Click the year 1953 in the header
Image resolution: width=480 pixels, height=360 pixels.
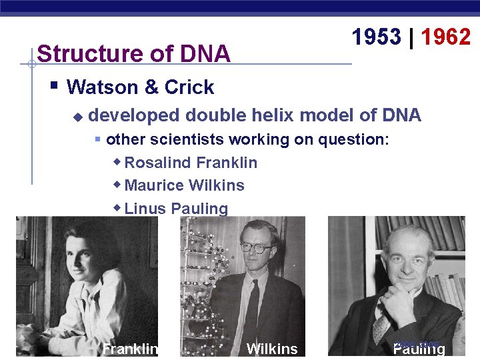click(377, 37)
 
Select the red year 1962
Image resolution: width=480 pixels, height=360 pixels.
click(446, 37)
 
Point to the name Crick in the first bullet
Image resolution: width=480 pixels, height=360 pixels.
click(189, 87)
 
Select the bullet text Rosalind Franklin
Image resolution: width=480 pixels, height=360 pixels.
click(191, 163)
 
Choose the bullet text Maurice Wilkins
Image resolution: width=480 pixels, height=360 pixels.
click(184, 185)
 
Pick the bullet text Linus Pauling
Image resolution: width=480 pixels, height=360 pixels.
click(176, 209)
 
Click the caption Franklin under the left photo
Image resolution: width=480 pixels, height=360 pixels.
click(130, 349)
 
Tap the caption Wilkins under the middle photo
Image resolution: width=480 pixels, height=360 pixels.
click(272, 349)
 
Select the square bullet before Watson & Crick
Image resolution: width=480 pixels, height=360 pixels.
click(55, 86)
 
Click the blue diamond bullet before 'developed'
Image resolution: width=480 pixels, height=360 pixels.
click(77, 117)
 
